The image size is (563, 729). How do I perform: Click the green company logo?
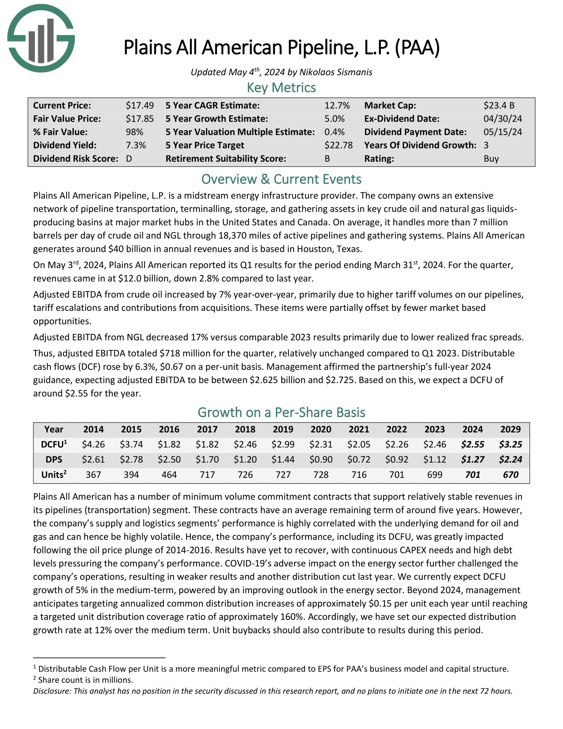point(41,38)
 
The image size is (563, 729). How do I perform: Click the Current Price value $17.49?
point(139,105)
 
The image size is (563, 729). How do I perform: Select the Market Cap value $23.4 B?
point(499,105)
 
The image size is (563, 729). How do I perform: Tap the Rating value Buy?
point(491,158)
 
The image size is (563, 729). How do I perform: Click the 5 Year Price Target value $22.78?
point(338,145)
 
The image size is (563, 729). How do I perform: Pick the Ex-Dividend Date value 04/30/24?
point(503,119)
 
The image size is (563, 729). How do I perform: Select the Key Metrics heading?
point(281,88)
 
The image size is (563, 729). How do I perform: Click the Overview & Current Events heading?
point(281,179)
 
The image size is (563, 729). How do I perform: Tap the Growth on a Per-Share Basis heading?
point(281,413)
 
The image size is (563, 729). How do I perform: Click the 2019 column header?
point(283,429)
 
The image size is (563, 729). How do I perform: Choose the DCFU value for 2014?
point(93,444)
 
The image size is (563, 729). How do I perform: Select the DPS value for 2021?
point(359,460)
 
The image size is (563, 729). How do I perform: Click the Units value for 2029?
point(510,475)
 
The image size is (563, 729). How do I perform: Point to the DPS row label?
point(54,460)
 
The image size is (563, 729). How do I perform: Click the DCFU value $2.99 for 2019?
point(283,444)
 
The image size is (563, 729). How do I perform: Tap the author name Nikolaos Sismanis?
point(335,72)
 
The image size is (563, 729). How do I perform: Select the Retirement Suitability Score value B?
point(327,158)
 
